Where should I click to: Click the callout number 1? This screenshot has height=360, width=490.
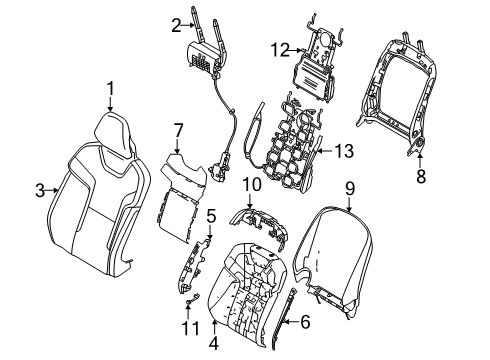(110, 89)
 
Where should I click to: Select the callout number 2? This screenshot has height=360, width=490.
(177, 26)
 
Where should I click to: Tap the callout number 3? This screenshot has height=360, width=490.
(40, 191)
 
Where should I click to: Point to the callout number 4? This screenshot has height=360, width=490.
(214, 343)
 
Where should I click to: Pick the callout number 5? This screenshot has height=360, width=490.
(211, 216)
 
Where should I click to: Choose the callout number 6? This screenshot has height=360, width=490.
(305, 322)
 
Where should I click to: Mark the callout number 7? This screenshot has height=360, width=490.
(178, 130)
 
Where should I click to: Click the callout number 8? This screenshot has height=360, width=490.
(421, 176)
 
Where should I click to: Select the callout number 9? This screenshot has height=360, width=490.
(350, 189)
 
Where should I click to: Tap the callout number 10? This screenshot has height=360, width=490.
(252, 184)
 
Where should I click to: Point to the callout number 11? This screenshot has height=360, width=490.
(191, 328)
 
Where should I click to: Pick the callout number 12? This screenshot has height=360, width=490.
(280, 50)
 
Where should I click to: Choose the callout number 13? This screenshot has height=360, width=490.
(344, 151)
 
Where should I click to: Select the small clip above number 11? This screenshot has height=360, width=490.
(191, 299)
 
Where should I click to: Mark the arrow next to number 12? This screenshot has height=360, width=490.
(296, 50)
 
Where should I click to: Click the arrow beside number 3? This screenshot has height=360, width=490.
(52, 190)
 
